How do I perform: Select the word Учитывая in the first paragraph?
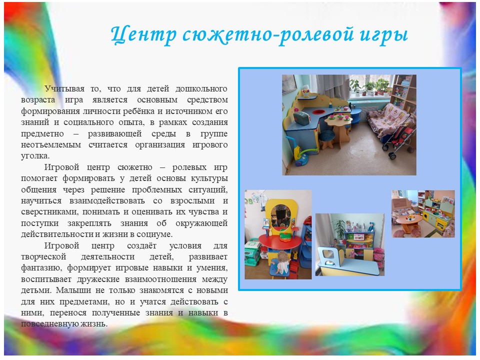pyautogui.click(x=64, y=89)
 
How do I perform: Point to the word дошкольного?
pyautogui.click(x=201, y=89)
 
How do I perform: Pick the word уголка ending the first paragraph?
pyautogui.click(x=34, y=156)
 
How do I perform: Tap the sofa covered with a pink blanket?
pyautogui.click(x=386, y=120)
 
